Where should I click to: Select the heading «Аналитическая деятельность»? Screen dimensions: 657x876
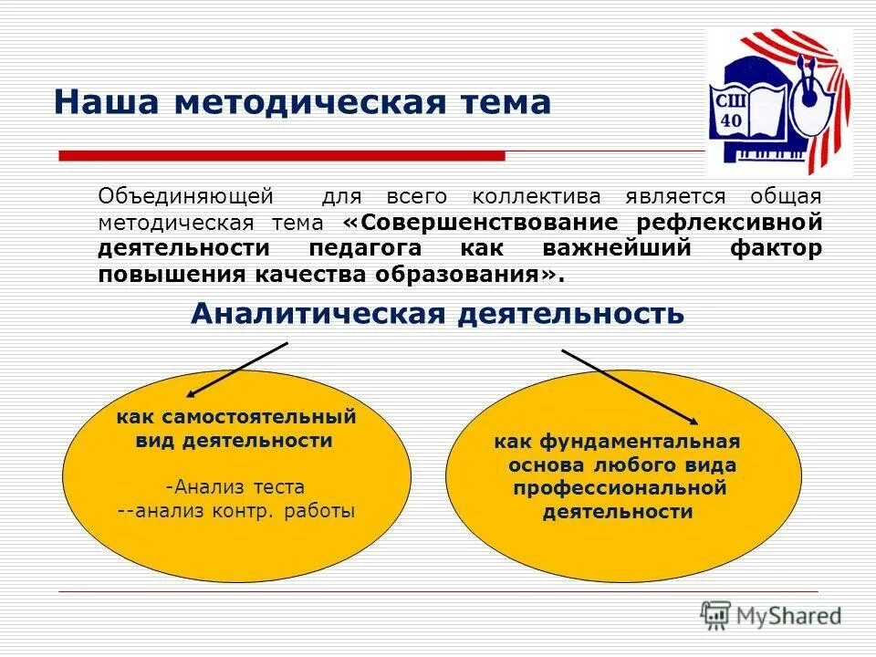click(437, 314)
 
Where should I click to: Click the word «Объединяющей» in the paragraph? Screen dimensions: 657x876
click(186, 196)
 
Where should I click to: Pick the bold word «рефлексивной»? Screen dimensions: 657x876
click(729, 223)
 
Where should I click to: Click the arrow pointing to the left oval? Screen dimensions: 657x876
click(238, 370)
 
